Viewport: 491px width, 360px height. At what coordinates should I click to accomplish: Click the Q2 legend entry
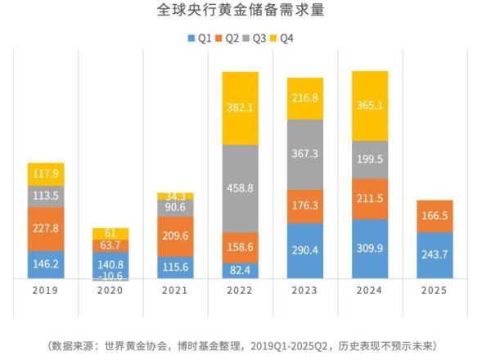tap(232, 38)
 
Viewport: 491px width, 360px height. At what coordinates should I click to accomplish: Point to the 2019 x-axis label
tap(47, 290)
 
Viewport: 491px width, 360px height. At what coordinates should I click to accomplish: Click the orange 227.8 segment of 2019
tap(47, 229)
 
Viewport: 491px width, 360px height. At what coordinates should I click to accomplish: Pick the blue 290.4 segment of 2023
tap(305, 251)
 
